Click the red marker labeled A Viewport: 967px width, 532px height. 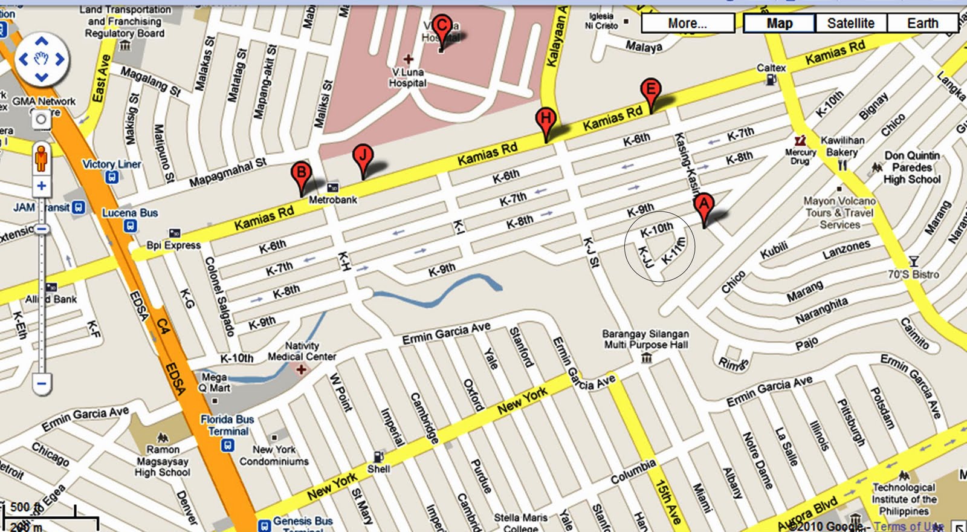(703, 206)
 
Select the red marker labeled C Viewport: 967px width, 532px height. (442, 27)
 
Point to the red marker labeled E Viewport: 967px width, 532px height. (650, 91)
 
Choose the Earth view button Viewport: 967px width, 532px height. (922, 24)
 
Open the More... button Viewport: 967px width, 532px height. (687, 24)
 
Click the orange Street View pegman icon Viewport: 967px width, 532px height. (41, 158)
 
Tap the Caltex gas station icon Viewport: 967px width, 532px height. (771, 79)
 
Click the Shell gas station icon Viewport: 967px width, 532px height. (378, 456)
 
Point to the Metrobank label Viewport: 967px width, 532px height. (333, 199)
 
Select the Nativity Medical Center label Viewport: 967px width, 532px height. (302, 351)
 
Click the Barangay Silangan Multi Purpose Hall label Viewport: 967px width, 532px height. (645, 339)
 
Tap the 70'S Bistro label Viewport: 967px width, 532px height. (913, 274)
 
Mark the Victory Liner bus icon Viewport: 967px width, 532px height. (111, 177)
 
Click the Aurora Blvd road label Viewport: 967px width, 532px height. (807, 514)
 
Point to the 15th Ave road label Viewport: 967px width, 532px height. (668, 501)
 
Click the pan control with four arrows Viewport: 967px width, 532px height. (41, 59)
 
